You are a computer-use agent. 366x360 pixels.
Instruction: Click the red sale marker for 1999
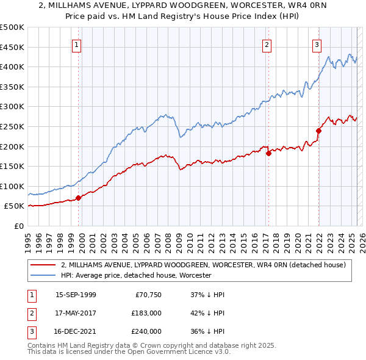(x=78, y=198)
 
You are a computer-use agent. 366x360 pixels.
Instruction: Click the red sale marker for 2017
(x=268, y=154)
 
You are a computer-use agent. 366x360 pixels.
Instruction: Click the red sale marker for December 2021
(x=318, y=130)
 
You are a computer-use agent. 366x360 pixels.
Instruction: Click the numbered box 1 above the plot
(x=76, y=44)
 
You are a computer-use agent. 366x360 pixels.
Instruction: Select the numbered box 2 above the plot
(x=267, y=44)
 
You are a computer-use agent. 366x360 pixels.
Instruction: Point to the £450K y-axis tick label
(x=12, y=47)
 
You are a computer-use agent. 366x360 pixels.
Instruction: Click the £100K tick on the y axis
(x=12, y=186)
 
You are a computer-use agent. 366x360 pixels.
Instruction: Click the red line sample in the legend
(x=43, y=265)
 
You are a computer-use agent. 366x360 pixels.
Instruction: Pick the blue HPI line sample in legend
(x=43, y=276)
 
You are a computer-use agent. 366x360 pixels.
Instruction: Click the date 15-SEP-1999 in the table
(x=76, y=295)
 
